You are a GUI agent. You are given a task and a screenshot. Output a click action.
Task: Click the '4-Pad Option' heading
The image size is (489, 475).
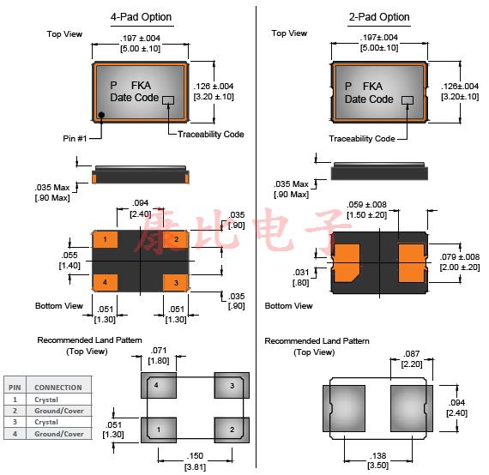point(141,17)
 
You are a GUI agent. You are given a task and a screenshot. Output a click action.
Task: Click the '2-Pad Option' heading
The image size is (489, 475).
point(379,17)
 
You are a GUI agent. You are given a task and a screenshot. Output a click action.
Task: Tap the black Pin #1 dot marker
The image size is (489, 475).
point(101,115)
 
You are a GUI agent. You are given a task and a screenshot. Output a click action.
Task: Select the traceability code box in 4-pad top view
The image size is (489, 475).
point(168,99)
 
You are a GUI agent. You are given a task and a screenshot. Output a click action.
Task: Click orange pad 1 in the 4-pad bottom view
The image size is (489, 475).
point(106,239)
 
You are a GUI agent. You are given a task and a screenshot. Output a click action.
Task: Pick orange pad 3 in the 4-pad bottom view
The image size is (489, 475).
point(176,283)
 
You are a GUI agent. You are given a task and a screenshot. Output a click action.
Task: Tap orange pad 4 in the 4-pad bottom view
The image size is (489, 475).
point(106,282)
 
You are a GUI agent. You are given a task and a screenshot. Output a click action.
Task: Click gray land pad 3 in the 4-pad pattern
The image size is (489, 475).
point(232,385)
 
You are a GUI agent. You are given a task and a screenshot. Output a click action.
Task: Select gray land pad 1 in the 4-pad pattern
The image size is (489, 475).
point(159,430)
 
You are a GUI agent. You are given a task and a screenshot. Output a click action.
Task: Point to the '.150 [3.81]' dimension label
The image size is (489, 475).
point(196,461)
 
